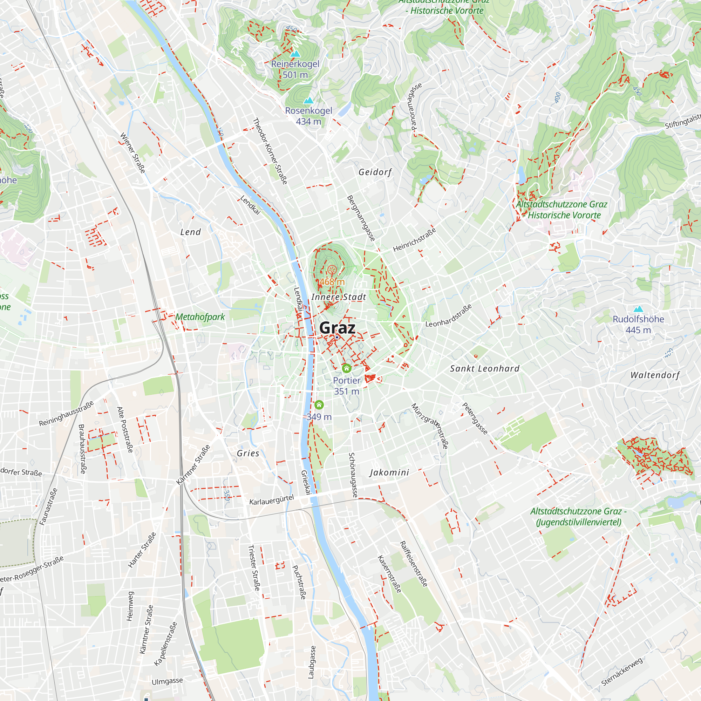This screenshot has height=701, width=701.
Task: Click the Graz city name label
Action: (337, 328)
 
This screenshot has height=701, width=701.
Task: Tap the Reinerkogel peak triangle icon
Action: (295, 54)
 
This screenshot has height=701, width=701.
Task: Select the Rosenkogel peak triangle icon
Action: (308, 100)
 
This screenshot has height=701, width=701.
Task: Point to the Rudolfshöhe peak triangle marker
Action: (638, 309)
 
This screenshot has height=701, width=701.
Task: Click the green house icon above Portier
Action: (347, 369)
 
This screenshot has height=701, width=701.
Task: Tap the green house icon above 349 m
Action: (319, 405)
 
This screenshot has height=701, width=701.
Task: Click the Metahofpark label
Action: (200, 317)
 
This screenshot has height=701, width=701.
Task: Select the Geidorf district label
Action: (375, 172)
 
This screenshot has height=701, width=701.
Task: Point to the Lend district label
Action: (190, 232)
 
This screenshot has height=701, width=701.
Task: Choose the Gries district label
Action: (248, 454)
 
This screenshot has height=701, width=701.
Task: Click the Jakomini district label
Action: (389, 472)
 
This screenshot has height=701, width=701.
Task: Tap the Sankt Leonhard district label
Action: (485, 369)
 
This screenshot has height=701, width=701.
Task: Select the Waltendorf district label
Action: (655, 375)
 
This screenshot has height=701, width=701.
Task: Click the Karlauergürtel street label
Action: (271, 499)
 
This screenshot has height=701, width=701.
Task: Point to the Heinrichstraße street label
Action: (414, 240)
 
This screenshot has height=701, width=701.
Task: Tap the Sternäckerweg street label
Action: (622, 671)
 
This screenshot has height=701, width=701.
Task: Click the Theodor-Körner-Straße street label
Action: (270, 151)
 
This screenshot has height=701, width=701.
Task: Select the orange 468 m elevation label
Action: (332, 281)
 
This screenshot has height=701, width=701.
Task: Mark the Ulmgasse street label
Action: (167, 681)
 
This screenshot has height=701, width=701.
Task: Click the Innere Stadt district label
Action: (339, 297)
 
